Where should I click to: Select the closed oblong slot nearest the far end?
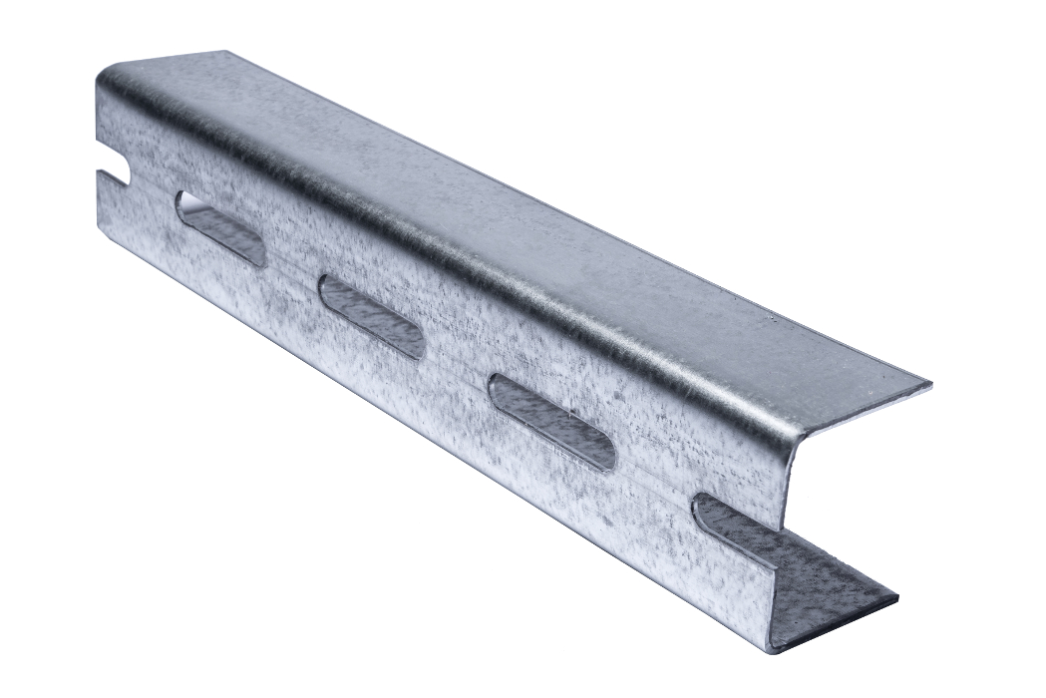tap(220, 228)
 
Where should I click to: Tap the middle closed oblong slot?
tap(371, 314)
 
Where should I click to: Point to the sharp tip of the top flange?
tap(930, 384)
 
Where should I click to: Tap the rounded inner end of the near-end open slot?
tap(704, 509)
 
